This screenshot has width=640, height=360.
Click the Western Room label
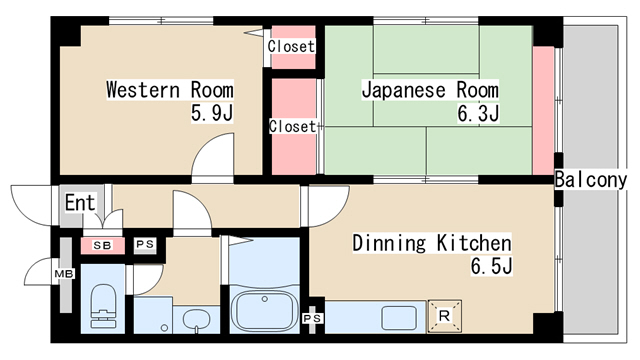point(170,90)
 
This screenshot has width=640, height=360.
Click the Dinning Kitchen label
point(432,243)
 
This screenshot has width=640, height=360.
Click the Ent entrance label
point(80,203)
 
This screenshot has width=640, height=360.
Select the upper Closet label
point(291,46)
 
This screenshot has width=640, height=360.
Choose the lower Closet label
point(292,127)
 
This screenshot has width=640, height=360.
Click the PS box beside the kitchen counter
point(312,318)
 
